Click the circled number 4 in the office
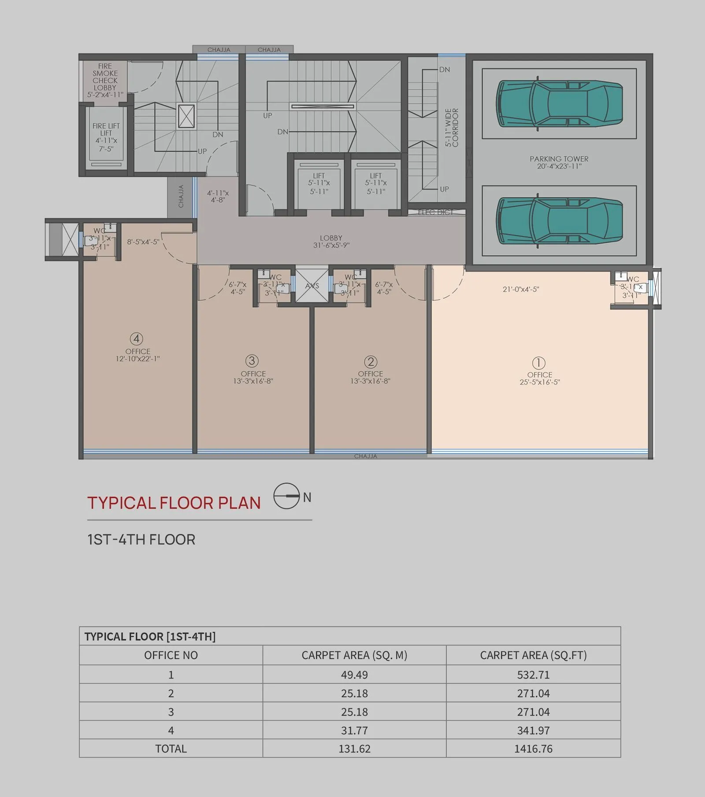137,339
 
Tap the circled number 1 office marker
539,363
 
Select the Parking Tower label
559,162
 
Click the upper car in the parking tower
559,104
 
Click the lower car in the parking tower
559,220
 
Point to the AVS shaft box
312,286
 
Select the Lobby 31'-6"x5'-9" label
331,241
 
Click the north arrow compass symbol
287,496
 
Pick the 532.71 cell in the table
533,675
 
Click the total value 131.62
354,749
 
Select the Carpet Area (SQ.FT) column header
533,655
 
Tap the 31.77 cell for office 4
354,730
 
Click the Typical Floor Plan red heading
174,503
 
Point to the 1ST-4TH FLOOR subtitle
141,539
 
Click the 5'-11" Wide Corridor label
452,127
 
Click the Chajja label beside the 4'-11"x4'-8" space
181,196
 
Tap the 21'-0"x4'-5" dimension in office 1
521,289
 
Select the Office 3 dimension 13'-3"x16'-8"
253,381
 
